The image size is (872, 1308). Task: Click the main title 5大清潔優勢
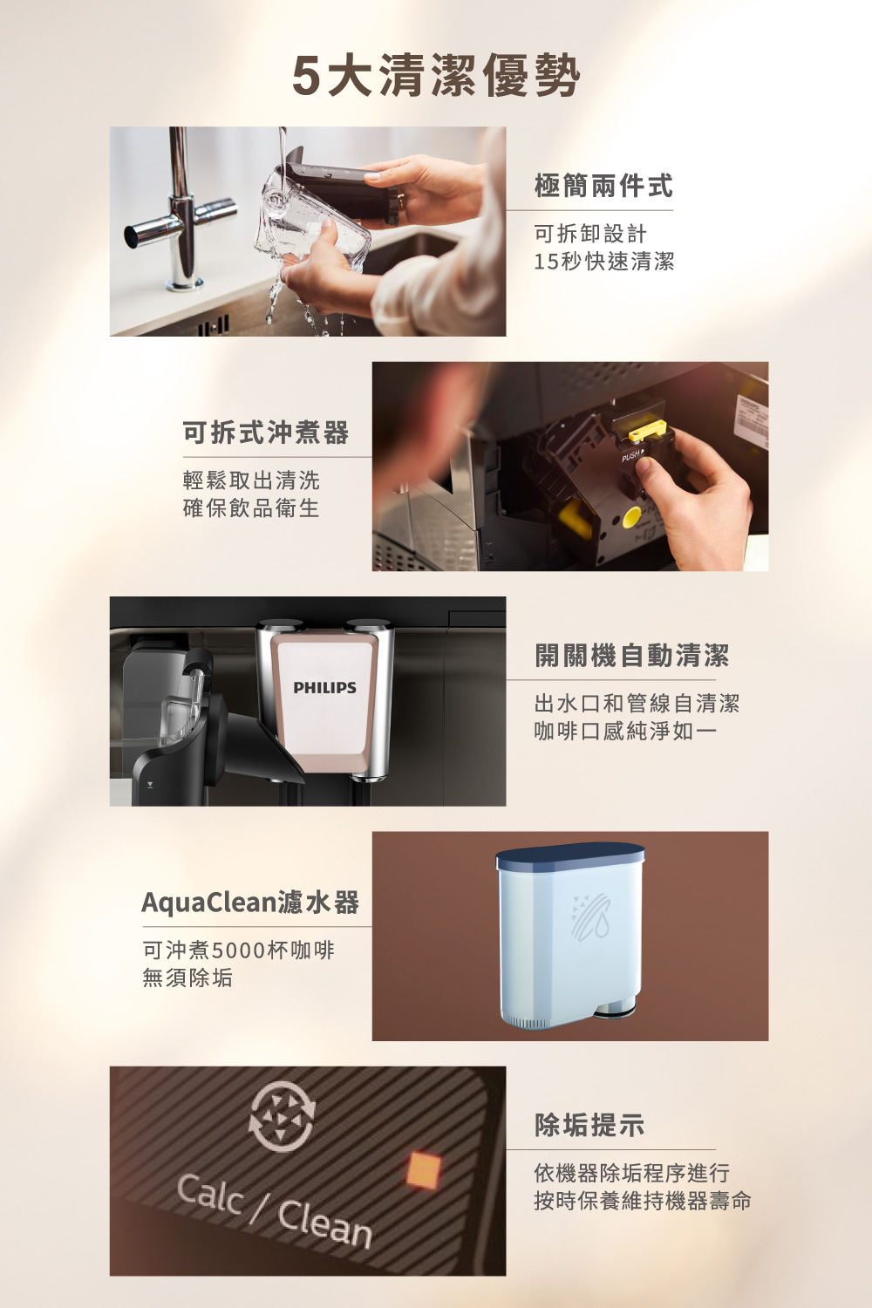click(x=435, y=75)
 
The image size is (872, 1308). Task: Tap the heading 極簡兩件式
click(x=603, y=186)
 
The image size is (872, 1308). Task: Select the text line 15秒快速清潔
click(x=603, y=262)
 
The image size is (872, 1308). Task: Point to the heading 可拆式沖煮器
click(x=265, y=433)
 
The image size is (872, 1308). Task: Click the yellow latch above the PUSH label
click(x=647, y=431)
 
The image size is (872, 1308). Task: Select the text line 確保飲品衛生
click(x=251, y=508)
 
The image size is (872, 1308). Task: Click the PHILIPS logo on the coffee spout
click(x=324, y=688)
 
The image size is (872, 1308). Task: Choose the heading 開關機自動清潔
click(x=631, y=656)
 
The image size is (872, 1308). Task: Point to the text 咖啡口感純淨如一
click(x=625, y=732)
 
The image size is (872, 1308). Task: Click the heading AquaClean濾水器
click(x=250, y=903)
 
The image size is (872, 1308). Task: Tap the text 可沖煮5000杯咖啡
click(x=238, y=950)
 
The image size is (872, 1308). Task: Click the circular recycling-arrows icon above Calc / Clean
click(x=282, y=1116)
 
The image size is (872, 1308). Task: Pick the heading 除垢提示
click(x=589, y=1126)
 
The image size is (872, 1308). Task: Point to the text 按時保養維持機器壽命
click(x=642, y=1202)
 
